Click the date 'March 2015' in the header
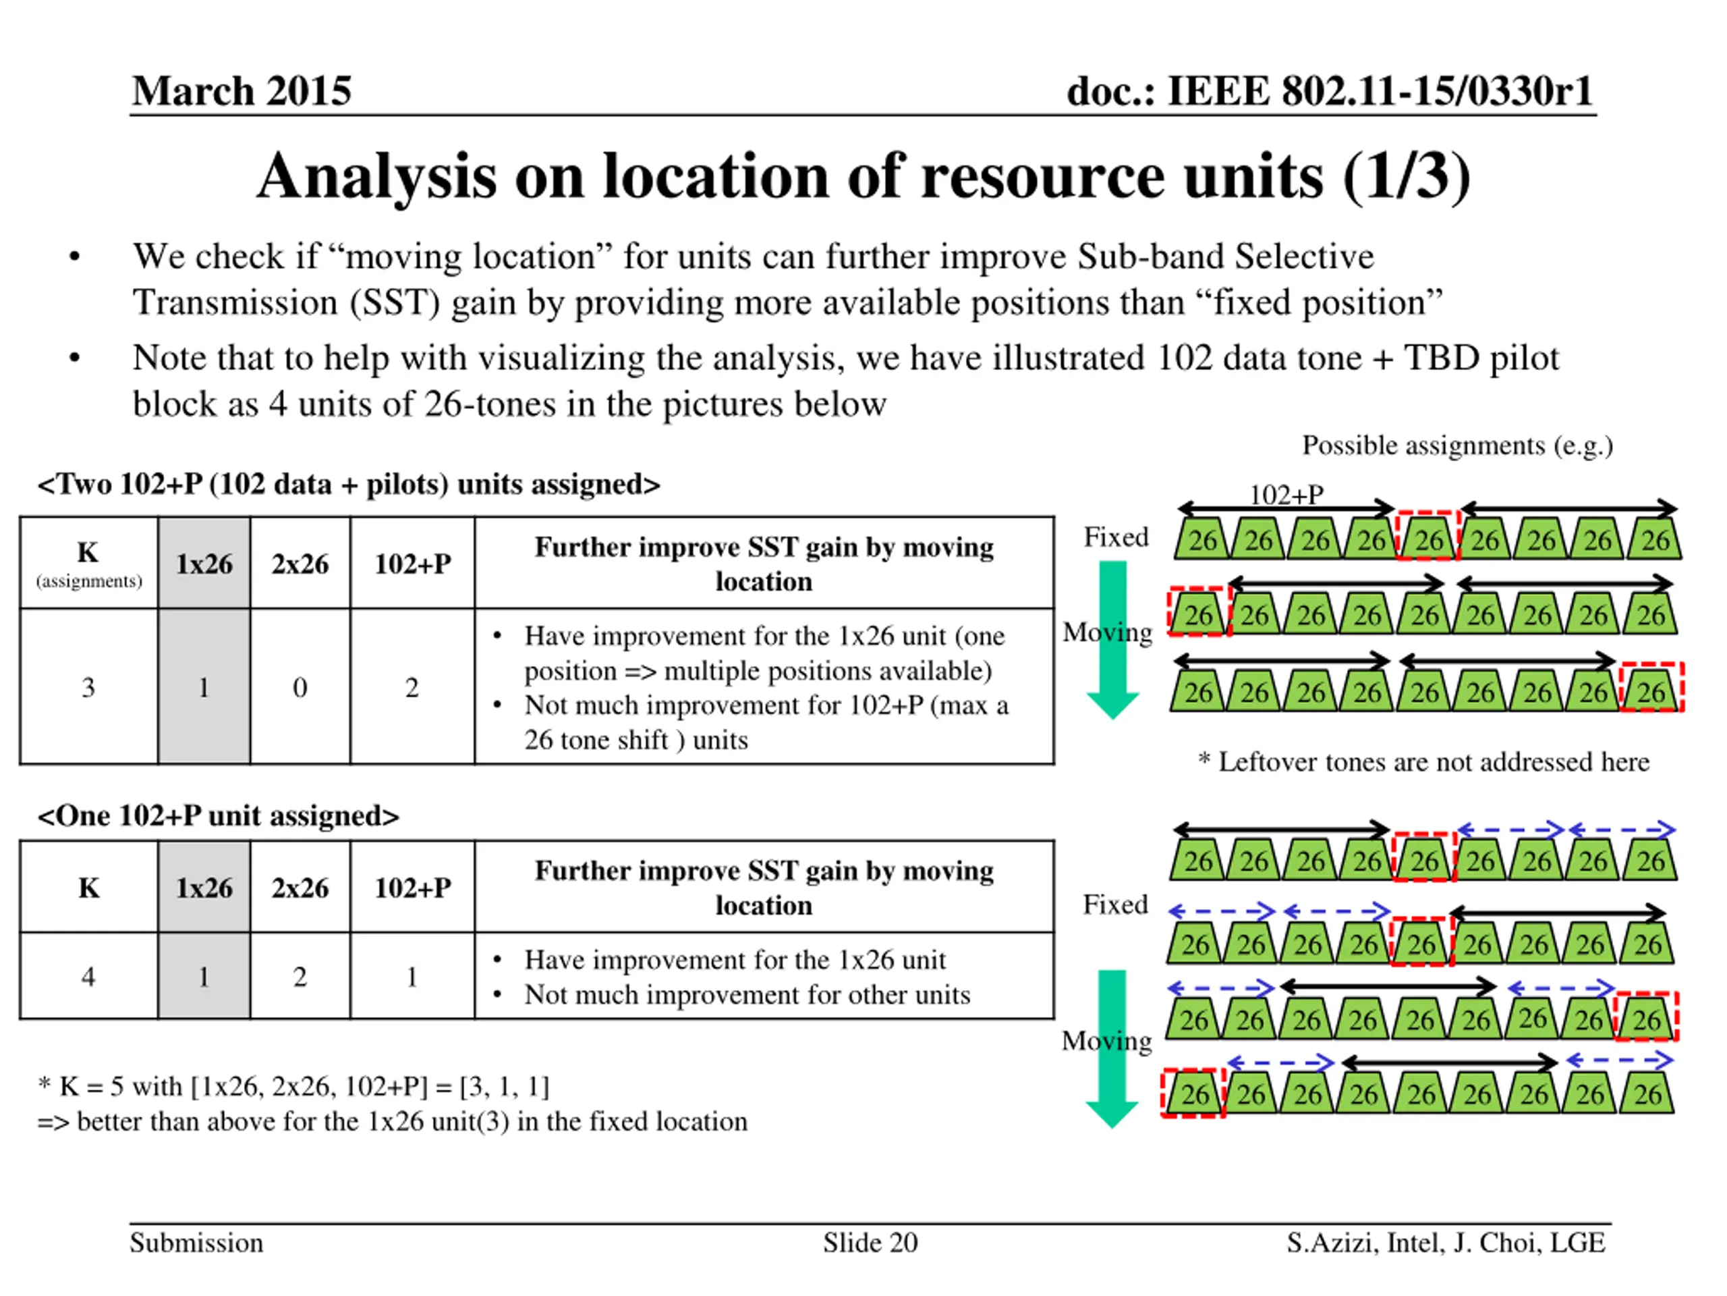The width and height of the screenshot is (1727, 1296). point(242,90)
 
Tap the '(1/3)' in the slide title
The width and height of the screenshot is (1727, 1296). point(1406,177)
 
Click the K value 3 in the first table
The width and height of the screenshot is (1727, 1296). point(88,687)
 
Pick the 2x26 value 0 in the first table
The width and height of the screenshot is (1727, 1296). point(300,687)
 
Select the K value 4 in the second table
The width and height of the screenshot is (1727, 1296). point(88,977)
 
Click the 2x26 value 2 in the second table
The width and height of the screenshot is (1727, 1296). point(300,977)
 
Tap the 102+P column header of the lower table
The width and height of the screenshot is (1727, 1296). point(412,888)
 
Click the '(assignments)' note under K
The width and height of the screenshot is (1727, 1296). point(89,581)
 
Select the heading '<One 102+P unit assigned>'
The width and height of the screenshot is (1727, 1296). point(218,816)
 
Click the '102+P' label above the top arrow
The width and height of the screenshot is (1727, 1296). point(1286,495)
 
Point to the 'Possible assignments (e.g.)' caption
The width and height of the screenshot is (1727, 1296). point(1457,446)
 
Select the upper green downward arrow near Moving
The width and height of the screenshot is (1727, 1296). point(1112,637)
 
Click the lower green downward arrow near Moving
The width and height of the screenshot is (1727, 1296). point(1112,1047)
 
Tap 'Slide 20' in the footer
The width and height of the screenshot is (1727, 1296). point(870,1243)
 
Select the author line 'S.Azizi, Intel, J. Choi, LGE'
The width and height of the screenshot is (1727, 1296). point(1446,1243)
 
